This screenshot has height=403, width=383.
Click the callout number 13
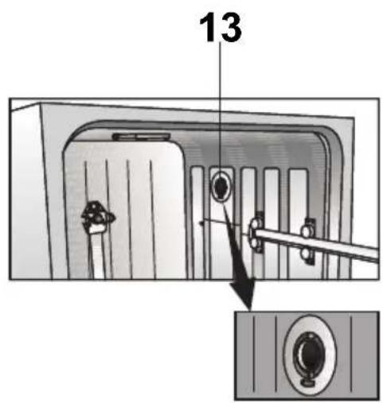(221, 28)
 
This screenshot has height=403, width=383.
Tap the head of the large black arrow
(242, 294)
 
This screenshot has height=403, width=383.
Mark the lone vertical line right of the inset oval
(352, 354)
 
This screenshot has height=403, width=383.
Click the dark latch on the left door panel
(98, 215)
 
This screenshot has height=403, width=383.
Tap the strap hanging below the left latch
(97, 252)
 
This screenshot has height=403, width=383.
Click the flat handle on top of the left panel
(142, 137)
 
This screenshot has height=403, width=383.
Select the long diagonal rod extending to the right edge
(316, 244)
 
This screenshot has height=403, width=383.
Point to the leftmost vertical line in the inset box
(254, 354)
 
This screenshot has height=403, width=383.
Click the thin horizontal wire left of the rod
(221, 223)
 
